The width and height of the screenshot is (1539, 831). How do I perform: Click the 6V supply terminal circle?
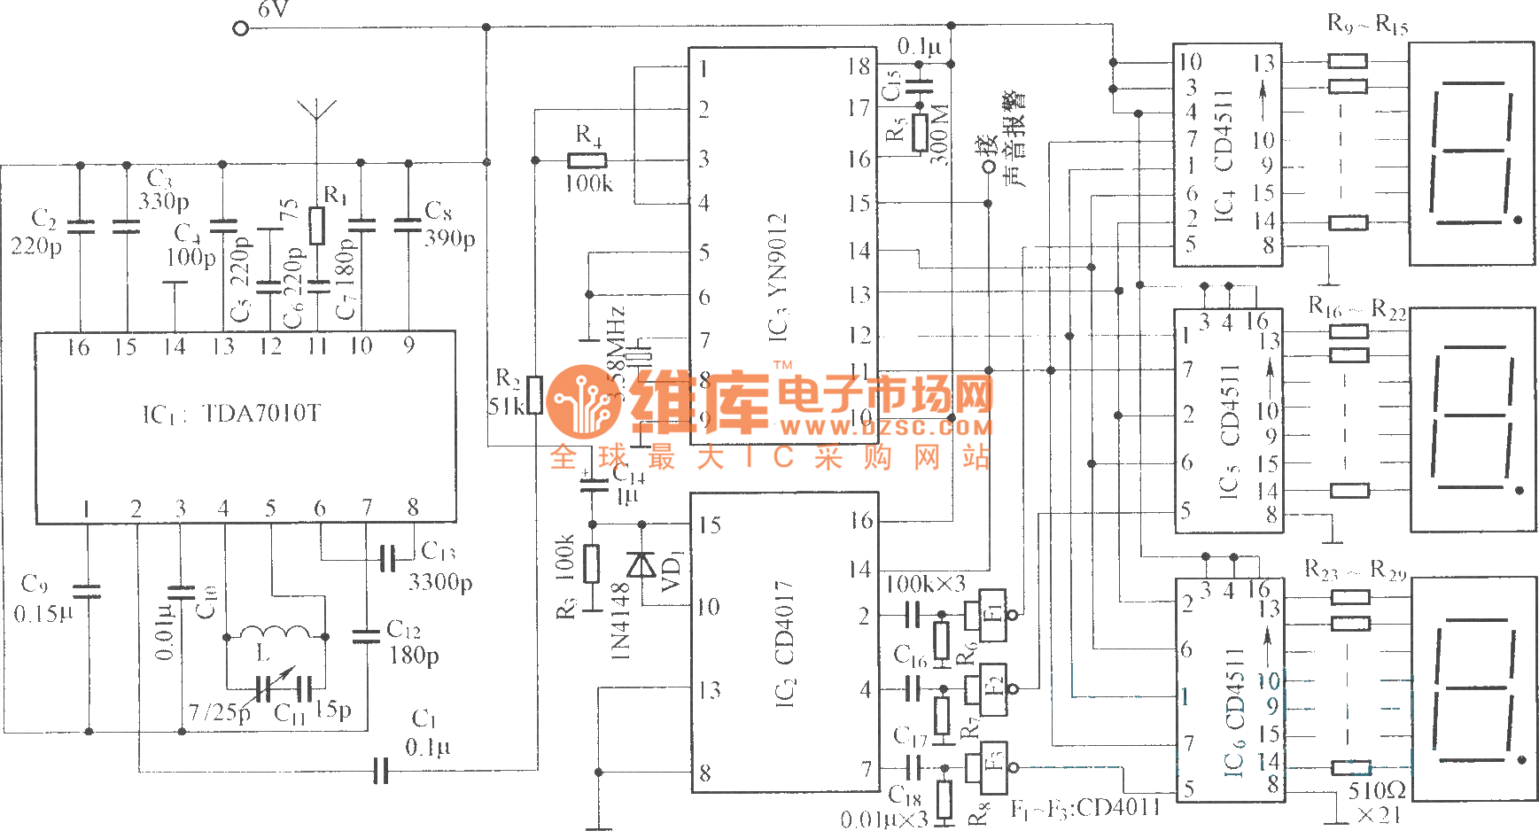(240, 28)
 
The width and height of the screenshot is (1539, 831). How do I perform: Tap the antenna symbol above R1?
(316, 110)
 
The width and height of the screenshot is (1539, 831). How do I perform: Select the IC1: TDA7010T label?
(232, 414)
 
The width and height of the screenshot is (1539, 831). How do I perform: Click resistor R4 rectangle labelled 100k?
(587, 160)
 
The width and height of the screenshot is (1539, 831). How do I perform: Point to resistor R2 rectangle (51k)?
(534, 395)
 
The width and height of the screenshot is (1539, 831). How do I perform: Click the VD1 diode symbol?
(641, 564)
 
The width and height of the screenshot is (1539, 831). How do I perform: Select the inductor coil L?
(276, 633)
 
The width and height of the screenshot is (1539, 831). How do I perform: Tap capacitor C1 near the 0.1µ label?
(381, 770)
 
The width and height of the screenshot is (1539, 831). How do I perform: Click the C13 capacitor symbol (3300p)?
(387, 558)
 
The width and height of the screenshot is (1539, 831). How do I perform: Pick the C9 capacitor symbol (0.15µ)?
(87, 591)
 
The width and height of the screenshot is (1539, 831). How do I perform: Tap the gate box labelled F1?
(992, 612)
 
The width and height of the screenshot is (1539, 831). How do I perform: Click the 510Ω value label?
(1377, 789)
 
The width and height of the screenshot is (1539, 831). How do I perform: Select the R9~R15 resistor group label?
(1367, 24)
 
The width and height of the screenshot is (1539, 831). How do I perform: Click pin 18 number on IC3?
(859, 66)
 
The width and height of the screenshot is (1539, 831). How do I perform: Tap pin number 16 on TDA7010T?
(78, 347)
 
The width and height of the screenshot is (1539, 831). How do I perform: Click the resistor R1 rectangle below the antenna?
(317, 225)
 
